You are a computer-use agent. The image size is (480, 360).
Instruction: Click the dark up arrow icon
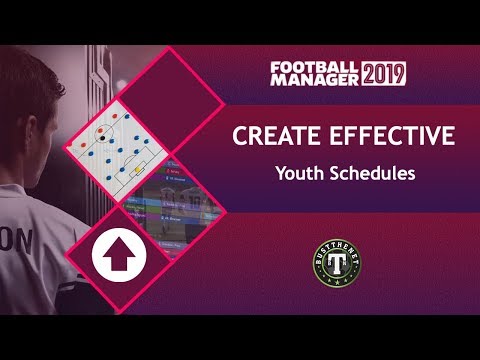119,257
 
